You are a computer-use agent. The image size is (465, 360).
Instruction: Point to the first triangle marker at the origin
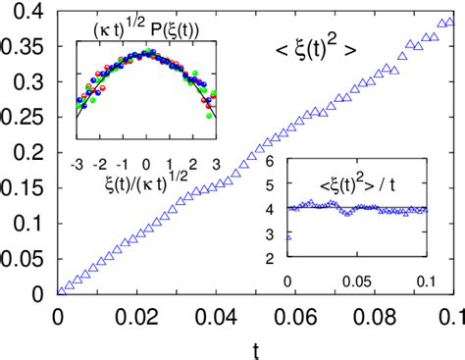point(60,291)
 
